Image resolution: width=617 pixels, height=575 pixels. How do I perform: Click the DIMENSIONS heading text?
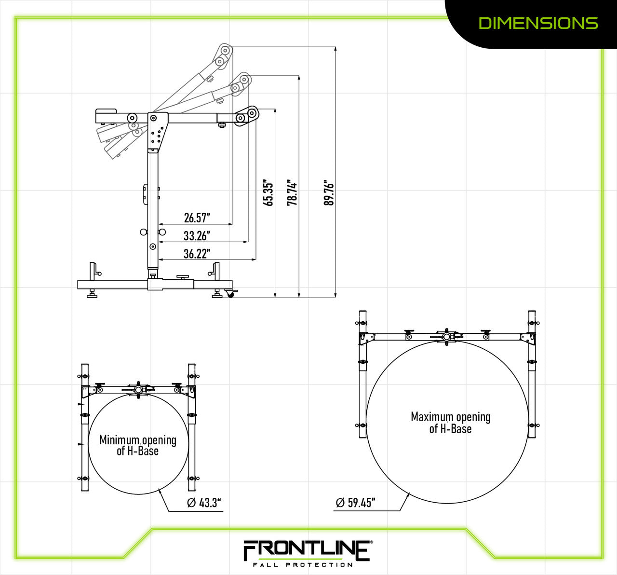(538, 23)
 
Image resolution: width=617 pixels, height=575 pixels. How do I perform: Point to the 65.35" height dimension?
(268, 193)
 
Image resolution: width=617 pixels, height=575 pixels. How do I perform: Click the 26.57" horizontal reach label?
(197, 218)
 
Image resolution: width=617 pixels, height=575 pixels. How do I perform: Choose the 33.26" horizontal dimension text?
(197, 236)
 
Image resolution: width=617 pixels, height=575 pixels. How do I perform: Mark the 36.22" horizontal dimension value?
(197, 254)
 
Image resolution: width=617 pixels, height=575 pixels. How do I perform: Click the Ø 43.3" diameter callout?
(204, 503)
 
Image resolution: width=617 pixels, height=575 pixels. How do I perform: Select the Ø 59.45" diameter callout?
(355, 503)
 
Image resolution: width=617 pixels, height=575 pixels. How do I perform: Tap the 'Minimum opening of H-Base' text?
(138, 445)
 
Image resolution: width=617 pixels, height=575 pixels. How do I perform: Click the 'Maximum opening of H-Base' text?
(450, 423)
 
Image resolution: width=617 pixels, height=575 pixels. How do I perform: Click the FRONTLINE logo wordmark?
(307, 550)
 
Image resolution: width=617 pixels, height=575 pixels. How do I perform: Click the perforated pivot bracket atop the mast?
(158, 129)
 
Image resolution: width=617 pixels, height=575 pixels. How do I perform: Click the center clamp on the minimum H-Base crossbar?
(139, 390)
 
